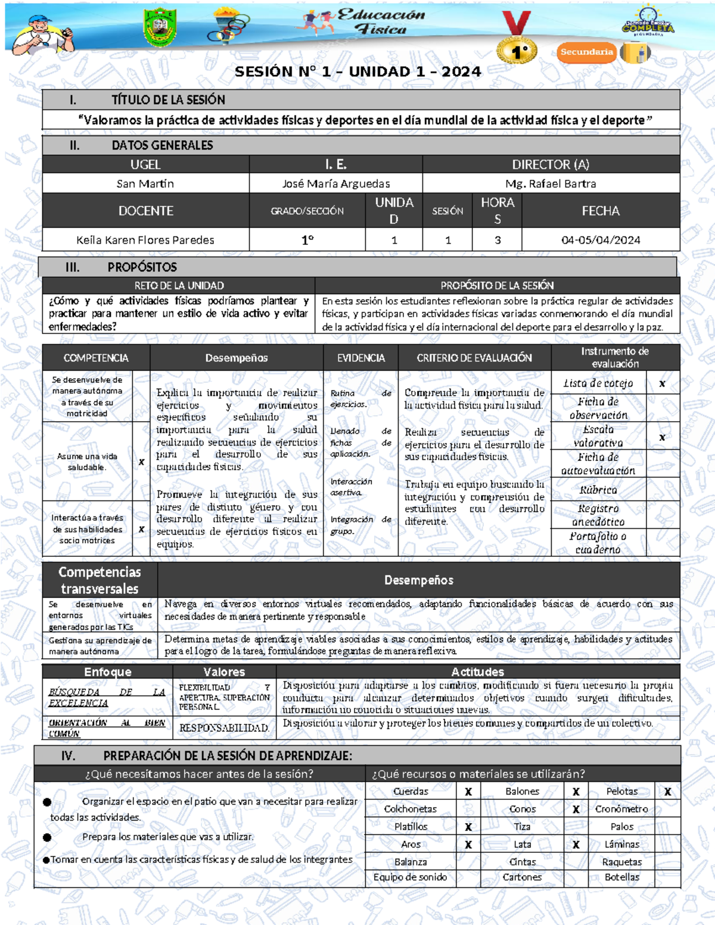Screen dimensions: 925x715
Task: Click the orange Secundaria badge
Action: tap(586, 52)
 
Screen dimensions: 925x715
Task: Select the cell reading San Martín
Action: tap(145, 183)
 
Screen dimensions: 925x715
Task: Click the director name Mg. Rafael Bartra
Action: tap(551, 183)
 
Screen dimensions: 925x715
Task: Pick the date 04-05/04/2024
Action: tap(601, 240)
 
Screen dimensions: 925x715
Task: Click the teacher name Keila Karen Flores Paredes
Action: tap(145, 240)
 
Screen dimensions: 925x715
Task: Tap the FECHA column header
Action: tap(601, 211)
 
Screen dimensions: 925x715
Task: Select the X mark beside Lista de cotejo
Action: tap(662, 384)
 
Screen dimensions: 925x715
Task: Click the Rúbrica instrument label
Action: tap(598, 490)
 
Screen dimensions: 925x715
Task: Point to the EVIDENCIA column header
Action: tap(361, 358)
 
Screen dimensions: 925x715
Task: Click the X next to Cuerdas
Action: tap(468, 792)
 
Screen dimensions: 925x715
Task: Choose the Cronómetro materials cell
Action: tap(621, 809)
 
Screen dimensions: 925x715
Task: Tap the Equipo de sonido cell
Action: tap(410, 877)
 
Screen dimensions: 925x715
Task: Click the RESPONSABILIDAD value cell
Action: tap(224, 728)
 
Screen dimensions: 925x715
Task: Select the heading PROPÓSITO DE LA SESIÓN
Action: tap(497, 285)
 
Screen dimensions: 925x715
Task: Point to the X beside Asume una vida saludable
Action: tap(141, 462)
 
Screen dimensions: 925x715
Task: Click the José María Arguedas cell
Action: tap(336, 183)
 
